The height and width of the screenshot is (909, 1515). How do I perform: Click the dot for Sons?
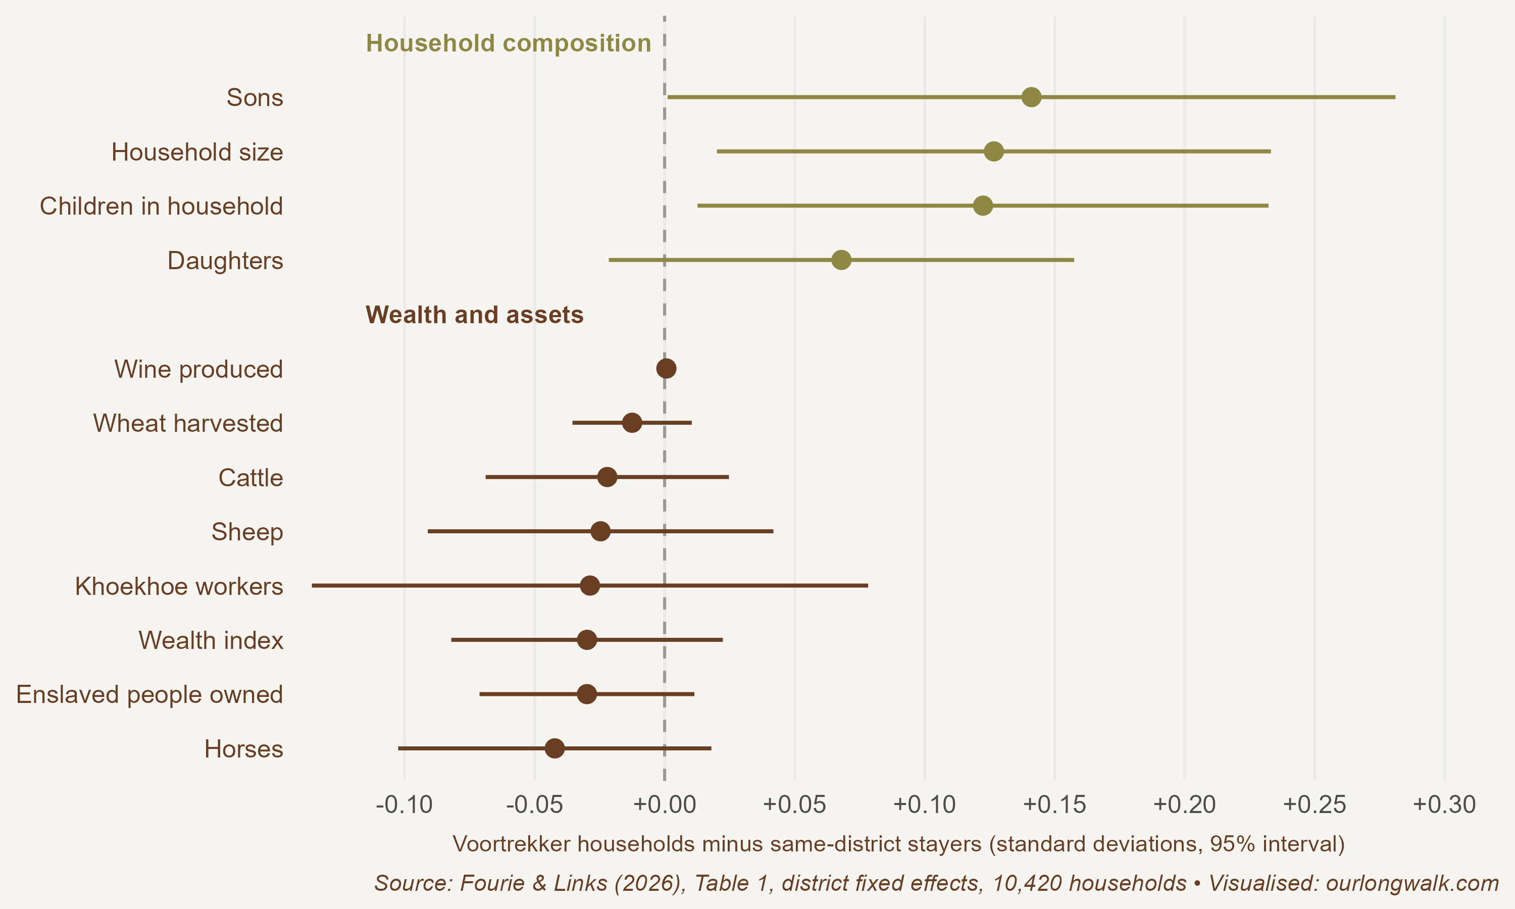[1031, 97]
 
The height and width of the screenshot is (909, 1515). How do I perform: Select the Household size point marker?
[993, 151]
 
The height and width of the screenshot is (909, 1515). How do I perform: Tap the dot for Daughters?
[841, 260]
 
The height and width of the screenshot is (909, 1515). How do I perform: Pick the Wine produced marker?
[666, 369]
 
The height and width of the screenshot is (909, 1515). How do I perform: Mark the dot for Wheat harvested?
[631, 423]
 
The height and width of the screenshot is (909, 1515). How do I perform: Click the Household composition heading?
[508, 43]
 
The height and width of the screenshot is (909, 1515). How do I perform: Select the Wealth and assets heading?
[475, 315]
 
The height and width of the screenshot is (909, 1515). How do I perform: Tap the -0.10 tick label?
[404, 804]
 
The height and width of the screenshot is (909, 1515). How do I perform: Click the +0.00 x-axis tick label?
[665, 804]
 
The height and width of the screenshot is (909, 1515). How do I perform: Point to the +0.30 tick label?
[1445, 804]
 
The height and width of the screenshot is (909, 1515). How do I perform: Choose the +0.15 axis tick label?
[1054, 804]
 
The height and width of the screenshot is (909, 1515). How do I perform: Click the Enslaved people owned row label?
[149, 694]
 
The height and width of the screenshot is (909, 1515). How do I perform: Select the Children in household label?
[161, 207]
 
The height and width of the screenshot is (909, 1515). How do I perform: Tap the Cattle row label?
[250, 478]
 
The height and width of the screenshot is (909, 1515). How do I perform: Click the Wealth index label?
[211, 641]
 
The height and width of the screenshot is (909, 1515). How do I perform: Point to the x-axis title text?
[899, 844]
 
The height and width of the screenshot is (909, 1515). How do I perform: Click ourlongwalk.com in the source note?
[1412, 883]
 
